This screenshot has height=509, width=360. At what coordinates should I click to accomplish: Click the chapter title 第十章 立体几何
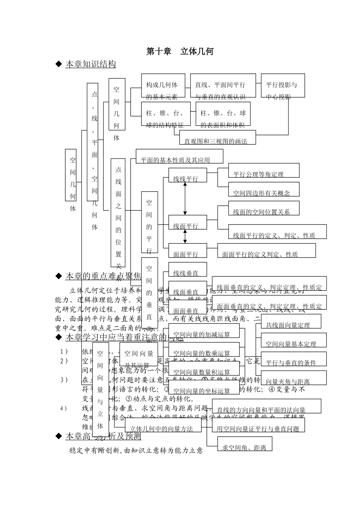(x=180, y=52)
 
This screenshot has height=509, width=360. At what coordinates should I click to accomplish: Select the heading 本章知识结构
(x=91, y=64)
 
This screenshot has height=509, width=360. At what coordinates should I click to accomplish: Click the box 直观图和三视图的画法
(x=218, y=137)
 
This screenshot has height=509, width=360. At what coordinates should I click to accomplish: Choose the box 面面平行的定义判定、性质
(x=266, y=251)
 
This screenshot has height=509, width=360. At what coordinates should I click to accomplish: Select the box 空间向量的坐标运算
(x=204, y=387)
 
